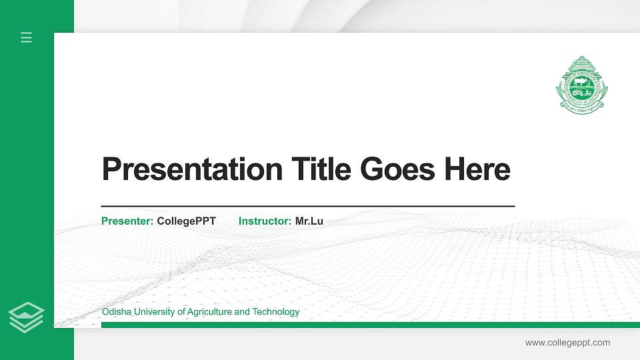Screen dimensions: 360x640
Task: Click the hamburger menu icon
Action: click(27, 38)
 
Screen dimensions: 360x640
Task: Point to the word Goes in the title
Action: click(398, 169)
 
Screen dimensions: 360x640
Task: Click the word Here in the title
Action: click(477, 169)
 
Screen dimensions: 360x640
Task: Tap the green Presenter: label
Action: click(127, 221)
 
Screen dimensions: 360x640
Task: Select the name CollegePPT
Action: click(186, 221)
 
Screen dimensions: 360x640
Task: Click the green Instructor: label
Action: click(265, 221)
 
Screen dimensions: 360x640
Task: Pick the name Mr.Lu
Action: click(309, 221)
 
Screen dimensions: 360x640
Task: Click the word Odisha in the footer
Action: click(115, 312)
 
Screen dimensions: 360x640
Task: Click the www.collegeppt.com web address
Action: click(567, 343)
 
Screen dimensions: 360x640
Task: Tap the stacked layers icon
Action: click(27, 317)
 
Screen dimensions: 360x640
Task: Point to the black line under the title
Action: click(307, 207)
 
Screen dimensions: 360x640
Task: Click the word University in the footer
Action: click(149, 312)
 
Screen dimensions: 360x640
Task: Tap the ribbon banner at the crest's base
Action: click(582, 105)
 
